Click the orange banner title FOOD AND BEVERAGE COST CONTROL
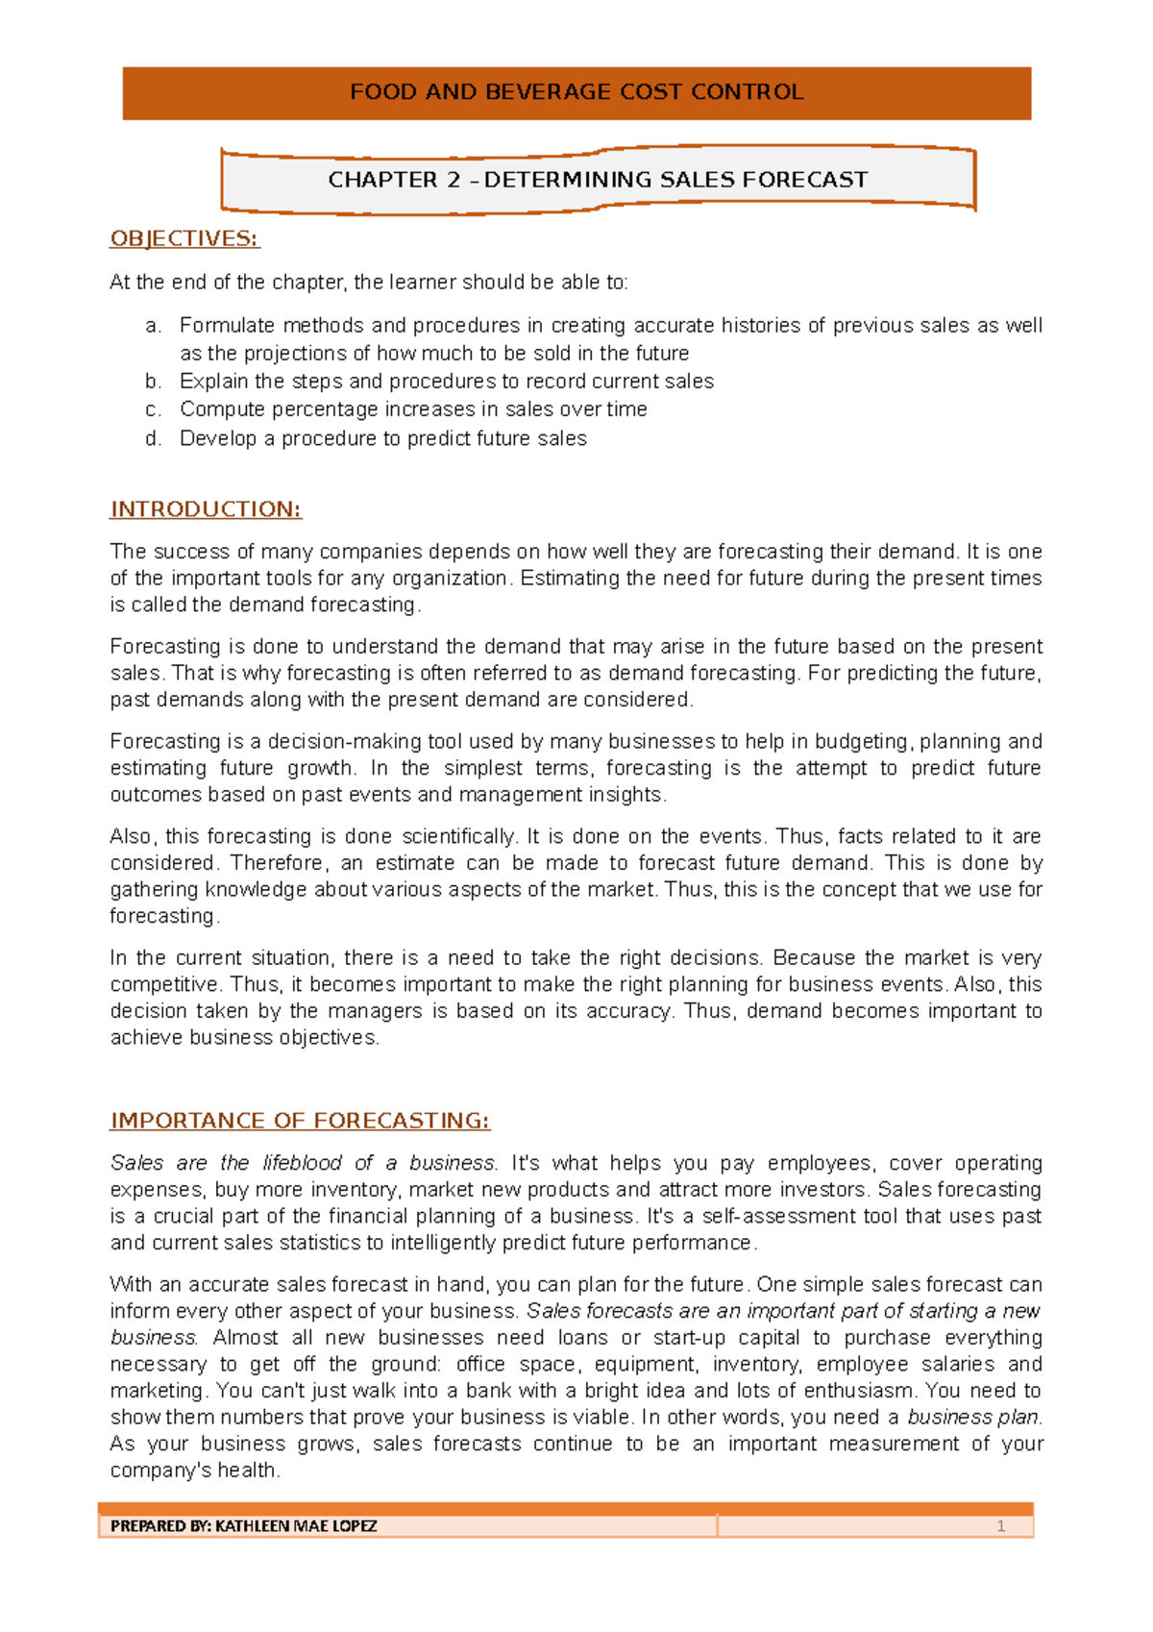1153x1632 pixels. [576, 92]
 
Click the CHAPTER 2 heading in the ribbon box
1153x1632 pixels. [598, 180]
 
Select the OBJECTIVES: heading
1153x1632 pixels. [184, 238]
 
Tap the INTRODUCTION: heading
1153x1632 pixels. [206, 509]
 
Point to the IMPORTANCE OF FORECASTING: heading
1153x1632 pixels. [300, 1121]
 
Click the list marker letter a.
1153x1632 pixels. [152, 326]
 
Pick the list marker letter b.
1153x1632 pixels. [152, 382]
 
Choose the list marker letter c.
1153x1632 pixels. [152, 409]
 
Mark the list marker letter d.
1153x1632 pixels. [152, 438]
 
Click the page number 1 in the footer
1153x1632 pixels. [1000, 1526]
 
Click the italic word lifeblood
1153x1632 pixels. [302, 1163]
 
